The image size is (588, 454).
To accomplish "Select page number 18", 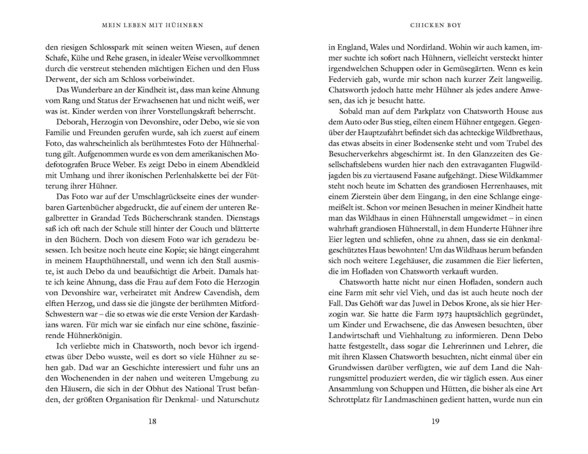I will click(152, 421).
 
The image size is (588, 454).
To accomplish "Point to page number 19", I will click(435, 421).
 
